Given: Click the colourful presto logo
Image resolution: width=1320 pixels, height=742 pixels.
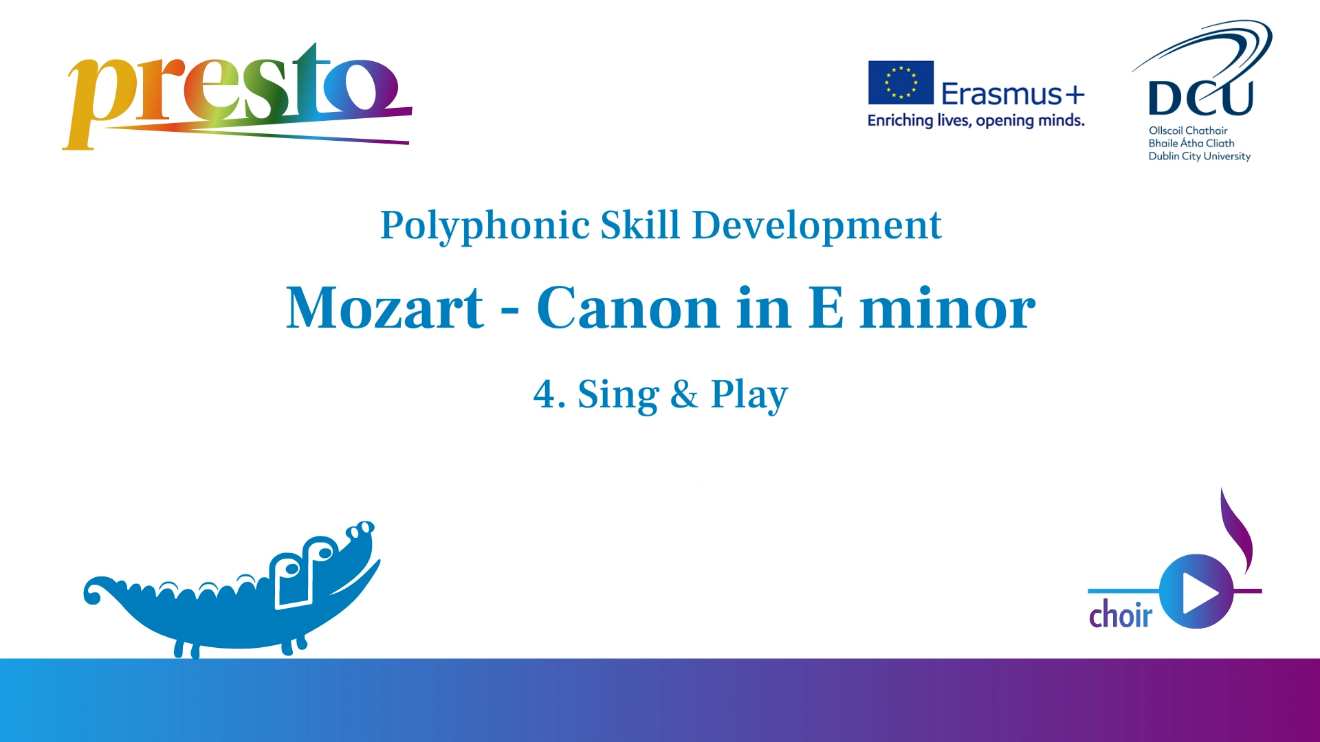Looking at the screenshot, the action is click(x=237, y=96).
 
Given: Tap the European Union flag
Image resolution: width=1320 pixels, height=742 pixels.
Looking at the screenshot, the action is click(x=901, y=82).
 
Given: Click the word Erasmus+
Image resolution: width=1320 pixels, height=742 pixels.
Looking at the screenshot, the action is click(x=1013, y=93).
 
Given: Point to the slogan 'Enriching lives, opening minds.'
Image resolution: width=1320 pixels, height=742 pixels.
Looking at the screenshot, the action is click(x=976, y=121).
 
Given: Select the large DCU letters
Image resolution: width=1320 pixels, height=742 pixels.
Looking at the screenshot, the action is click(x=1200, y=98).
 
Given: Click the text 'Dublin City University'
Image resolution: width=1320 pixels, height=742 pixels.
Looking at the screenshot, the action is click(x=1199, y=157).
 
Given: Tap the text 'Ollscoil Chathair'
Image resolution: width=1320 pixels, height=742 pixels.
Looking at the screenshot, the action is click(x=1188, y=131).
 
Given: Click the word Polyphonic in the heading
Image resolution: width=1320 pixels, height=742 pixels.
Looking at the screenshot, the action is click(x=485, y=226).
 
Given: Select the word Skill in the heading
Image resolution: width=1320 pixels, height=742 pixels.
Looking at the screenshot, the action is click(x=640, y=225).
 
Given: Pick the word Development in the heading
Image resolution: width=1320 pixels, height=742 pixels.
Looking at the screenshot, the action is click(x=816, y=226).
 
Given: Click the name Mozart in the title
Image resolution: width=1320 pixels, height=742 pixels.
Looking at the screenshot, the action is click(x=384, y=308).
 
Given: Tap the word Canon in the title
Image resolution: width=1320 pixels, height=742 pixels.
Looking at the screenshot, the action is click(x=628, y=308).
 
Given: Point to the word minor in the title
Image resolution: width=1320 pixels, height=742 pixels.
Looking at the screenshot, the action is click(x=947, y=308).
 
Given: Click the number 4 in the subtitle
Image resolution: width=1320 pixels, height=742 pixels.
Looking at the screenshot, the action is click(x=544, y=394).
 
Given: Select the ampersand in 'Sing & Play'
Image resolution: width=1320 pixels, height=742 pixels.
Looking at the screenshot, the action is click(x=684, y=394).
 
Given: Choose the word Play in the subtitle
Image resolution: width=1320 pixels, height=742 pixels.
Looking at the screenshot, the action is click(x=749, y=396).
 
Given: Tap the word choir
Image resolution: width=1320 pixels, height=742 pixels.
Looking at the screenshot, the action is click(x=1121, y=614).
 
